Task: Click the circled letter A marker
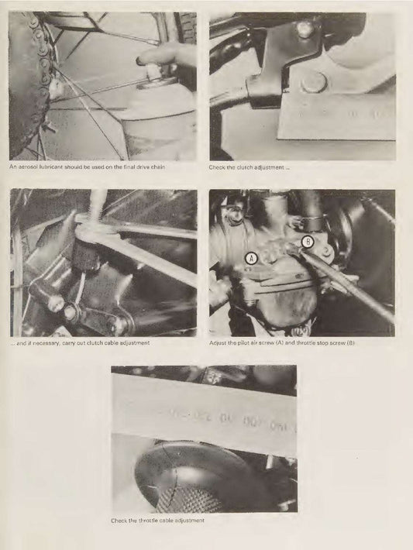251,258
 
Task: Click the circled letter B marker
308,242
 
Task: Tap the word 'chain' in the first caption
158,167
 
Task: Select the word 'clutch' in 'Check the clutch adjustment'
245,167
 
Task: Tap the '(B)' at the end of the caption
350,342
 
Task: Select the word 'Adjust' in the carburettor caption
217,342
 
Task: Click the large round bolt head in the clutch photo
313,83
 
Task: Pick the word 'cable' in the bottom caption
167,521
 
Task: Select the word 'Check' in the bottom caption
119,521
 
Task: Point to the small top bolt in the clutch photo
305,29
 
